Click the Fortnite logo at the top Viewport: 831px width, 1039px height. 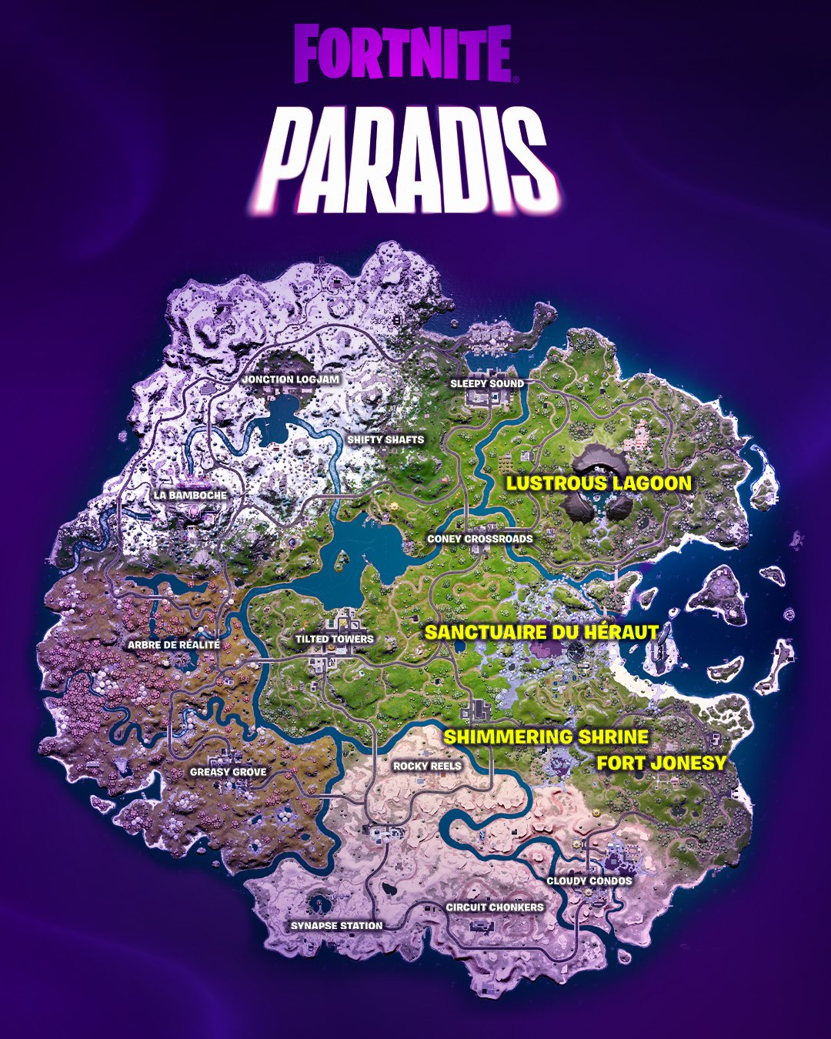[402, 53]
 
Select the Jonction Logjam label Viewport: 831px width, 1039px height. [290, 379]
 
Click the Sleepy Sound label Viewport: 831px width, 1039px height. [487, 383]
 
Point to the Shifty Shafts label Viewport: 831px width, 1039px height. [385, 439]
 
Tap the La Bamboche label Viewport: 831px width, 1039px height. [190, 495]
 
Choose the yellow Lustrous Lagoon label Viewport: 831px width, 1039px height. [599, 483]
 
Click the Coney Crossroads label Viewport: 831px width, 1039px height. [479, 539]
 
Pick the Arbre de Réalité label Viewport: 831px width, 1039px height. [174, 645]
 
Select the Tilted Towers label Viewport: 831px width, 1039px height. [335, 639]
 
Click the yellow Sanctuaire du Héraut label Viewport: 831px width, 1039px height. [542, 633]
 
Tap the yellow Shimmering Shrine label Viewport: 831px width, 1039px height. [546, 737]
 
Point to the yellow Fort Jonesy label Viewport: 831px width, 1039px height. [662, 763]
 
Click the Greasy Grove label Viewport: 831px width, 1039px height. [229, 772]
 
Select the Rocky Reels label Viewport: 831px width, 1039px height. [427, 766]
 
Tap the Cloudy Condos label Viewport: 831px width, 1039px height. [589, 880]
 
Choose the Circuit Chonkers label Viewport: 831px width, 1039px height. [495, 907]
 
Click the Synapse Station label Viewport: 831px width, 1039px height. [336, 925]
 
